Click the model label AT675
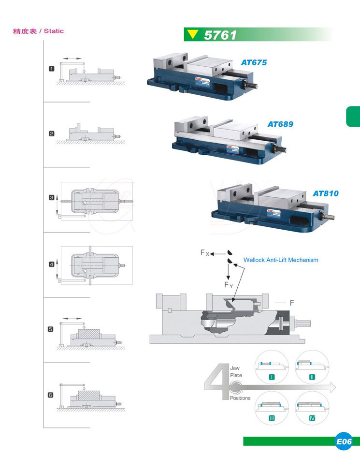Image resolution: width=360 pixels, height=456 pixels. (x=254, y=62)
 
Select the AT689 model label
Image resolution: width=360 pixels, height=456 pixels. (x=280, y=124)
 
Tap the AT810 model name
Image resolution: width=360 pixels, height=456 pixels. (x=325, y=193)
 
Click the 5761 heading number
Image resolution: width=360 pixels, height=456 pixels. (x=220, y=35)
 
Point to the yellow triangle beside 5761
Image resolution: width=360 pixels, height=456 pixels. (x=193, y=34)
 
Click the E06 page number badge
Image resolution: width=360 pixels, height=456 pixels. (x=344, y=441)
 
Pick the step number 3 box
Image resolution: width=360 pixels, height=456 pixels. (x=52, y=197)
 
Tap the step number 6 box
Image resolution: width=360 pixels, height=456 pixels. (x=51, y=395)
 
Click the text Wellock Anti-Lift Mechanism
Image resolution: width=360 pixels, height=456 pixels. (x=281, y=260)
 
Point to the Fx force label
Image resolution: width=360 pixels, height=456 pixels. (x=205, y=253)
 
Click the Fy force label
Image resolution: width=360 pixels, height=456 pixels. (x=229, y=285)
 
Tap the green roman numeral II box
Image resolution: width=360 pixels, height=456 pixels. (x=312, y=376)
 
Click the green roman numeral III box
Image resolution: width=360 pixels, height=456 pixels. (x=272, y=417)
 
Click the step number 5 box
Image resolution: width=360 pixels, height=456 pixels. (x=51, y=329)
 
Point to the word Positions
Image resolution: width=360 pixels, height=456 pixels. (x=240, y=398)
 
